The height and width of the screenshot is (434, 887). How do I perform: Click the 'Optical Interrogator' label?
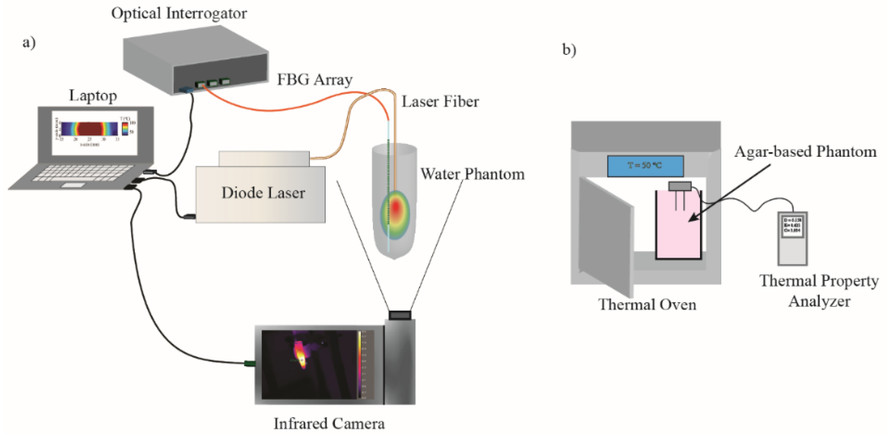click(x=179, y=14)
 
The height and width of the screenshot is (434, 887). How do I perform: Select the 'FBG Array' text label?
click(x=315, y=80)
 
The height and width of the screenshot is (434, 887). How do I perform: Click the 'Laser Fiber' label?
click(x=440, y=102)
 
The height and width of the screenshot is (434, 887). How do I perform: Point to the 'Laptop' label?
click(x=93, y=95)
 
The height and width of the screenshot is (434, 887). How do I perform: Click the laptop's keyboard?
click(x=84, y=172)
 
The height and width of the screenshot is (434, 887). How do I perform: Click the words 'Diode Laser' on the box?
click(x=263, y=193)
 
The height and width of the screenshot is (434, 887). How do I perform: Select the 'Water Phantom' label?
click(x=472, y=174)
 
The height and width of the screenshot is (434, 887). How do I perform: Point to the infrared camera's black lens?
click(x=400, y=315)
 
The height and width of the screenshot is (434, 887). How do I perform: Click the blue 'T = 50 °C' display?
click(x=645, y=166)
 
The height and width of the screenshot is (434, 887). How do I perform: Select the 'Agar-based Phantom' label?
click(x=805, y=151)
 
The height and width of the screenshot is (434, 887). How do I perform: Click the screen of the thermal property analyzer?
click(x=792, y=225)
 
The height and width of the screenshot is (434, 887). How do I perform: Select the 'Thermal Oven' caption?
click(x=647, y=304)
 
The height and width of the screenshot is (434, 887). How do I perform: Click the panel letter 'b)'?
click(x=569, y=50)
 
